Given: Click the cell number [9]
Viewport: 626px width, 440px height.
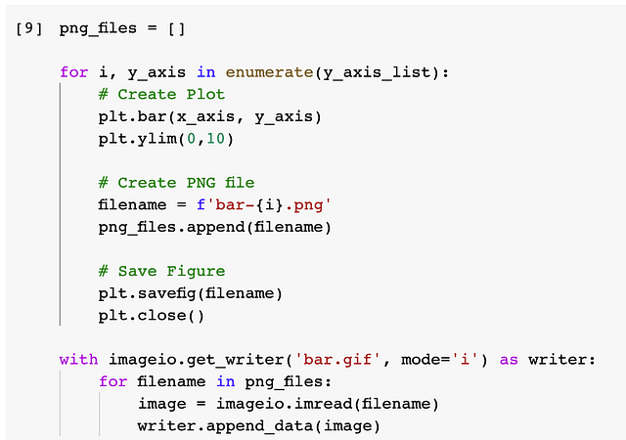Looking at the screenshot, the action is pyautogui.click(x=28, y=27).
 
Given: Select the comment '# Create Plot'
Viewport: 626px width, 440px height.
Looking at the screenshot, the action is pyautogui.click(x=161, y=95).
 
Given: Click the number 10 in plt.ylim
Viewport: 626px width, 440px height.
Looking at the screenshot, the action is pyautogui.click(x=215, y=139).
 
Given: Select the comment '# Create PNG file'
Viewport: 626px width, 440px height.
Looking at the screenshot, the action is pyautogui.click(x=176, y=184).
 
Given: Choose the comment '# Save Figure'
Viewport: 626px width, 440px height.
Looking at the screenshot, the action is pyautogui.click(x=161, y=272).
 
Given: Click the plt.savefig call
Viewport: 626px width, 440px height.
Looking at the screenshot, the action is pyautogui.click(x=147, y=293).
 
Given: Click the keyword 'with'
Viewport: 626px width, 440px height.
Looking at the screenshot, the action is pyautogui.click(x=78, y=360).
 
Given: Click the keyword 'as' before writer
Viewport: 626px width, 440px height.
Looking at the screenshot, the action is pyautogui.click(x=509, y=360).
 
